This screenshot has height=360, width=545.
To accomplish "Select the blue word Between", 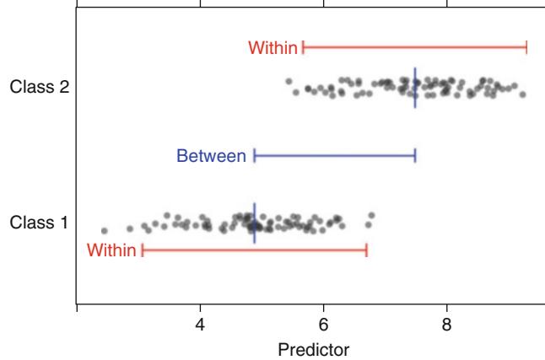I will point(211,156).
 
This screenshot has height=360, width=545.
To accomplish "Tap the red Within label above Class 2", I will point(272,48).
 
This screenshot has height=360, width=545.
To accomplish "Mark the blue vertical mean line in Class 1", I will point(254,223).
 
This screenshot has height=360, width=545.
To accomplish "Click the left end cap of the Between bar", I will point(255,156).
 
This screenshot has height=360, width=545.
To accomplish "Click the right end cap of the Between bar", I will point(415,156).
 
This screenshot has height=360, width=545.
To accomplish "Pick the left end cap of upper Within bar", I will point(303,48).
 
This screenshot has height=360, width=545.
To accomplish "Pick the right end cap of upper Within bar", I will point(526,48).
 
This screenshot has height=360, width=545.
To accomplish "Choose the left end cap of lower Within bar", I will point(143,250).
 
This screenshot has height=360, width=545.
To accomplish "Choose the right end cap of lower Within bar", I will point(366,250).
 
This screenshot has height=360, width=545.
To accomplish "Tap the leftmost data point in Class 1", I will point(105,230).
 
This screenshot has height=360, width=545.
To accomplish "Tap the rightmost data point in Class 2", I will point(523,94).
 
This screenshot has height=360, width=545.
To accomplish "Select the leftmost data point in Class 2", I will point(289,82).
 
